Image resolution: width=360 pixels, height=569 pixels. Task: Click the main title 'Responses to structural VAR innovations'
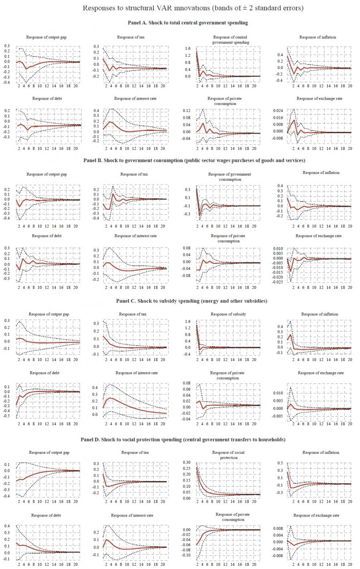click(193, 8)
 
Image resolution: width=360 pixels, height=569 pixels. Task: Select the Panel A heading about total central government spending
click(188, 23)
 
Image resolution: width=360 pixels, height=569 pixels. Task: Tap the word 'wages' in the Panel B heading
click(232, 160)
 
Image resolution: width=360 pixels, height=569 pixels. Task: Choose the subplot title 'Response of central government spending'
click(230, 40)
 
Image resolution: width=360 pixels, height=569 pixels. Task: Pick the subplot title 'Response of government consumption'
click(230, 177)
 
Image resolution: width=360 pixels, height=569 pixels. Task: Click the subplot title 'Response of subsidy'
click(228, 314)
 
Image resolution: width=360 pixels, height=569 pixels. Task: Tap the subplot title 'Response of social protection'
click(228, 455)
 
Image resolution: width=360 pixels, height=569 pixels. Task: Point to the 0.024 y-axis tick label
click(277, 111)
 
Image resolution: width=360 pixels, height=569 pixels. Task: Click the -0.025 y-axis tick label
click(277, 282)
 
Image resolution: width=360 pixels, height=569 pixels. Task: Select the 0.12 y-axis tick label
click(186, 111)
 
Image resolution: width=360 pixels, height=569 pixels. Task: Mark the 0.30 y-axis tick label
click(186, 462)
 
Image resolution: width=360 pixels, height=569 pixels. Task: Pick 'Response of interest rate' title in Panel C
click(136, 373)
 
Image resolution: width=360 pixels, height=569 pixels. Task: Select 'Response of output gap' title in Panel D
click(49, 453)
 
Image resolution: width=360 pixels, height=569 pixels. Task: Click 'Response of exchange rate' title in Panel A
click(319, 98)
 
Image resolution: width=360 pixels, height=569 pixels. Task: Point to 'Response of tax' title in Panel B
click(134, 174)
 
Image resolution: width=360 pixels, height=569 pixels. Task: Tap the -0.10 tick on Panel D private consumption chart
click(185, 555)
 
